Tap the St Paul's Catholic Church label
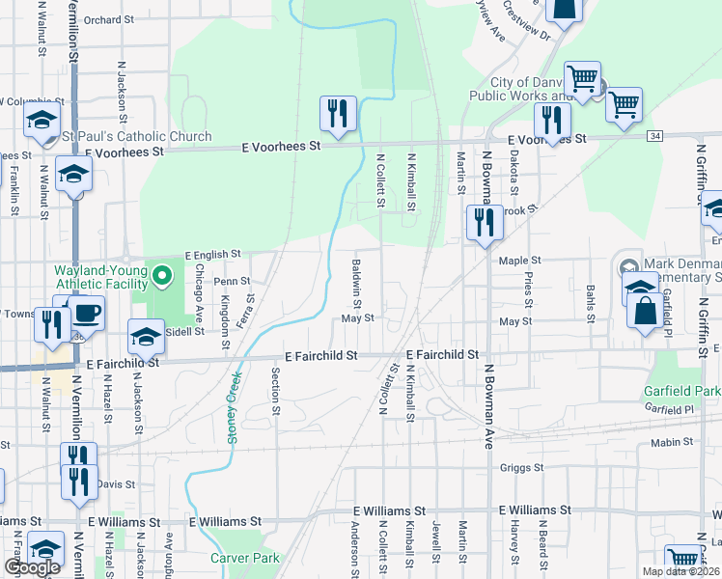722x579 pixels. coord(137,136)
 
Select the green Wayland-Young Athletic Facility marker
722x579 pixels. coord(163,279)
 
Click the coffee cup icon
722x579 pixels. coord(85,313)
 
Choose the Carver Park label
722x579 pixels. coord(245,558)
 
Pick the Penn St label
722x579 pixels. coord(232,282)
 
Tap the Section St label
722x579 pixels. coord(276,391)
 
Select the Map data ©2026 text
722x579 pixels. coord(681,571)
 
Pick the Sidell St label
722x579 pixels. coord(185,331)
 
